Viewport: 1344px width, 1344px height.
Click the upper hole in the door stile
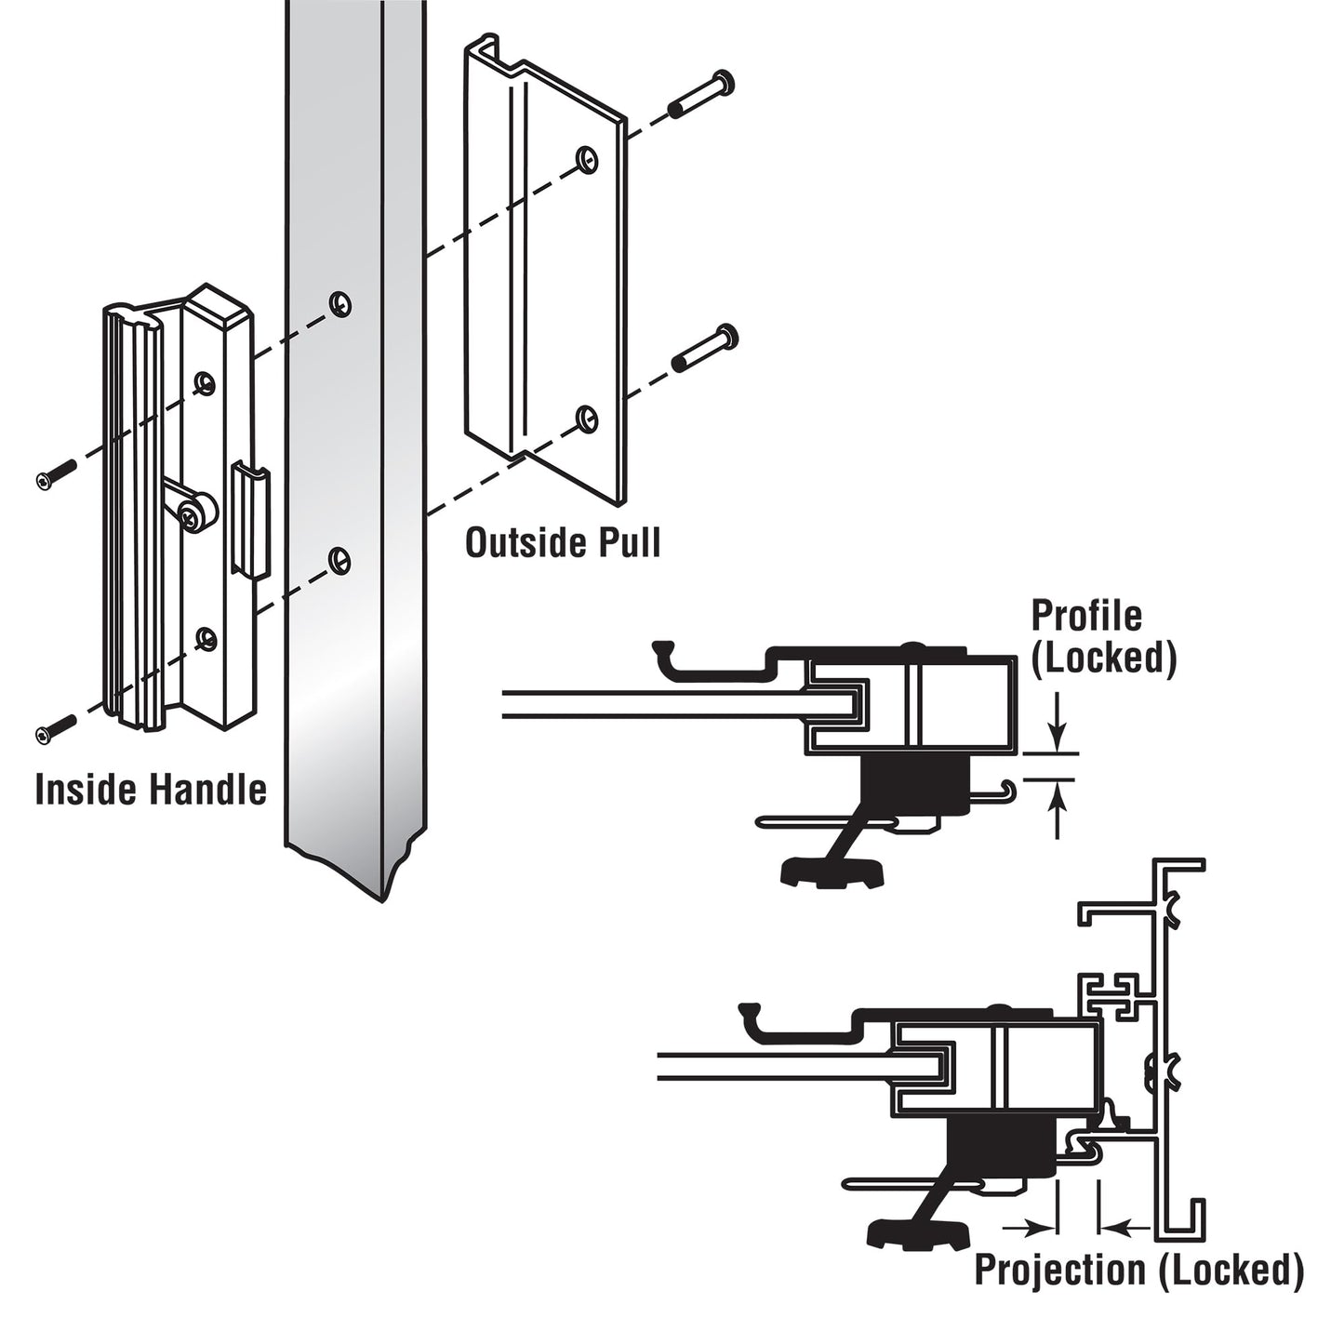pyautogui.click(x=339, y=303)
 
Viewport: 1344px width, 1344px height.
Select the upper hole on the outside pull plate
pyautogui.click(x=585, y=159)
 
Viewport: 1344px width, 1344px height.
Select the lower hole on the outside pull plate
pyautogui.click(x=585, y=418)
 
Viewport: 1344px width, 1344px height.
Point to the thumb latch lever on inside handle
pyautogui.click(x=192, y=508)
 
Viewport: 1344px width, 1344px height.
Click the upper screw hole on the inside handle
pyautogui.click(x=205, y=381)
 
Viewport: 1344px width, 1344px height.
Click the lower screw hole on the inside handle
pyautogui.click(x=206, y=637)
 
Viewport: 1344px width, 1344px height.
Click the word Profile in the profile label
pyautogui.click(x=1085, y=616)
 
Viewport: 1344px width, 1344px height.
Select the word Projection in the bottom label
pyautogui.click(x=1059, y=1271)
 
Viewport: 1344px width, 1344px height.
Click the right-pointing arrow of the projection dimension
pyautogui.click(x=1032, y=1228)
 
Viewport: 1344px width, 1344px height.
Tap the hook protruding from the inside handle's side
pyautogui.click(x=250, y=521)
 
